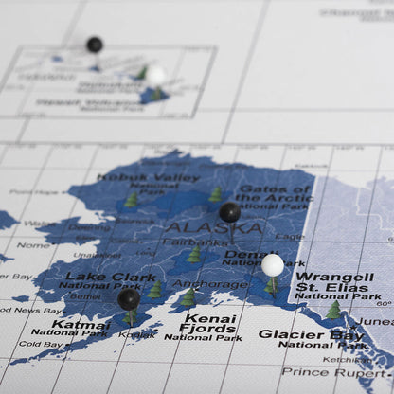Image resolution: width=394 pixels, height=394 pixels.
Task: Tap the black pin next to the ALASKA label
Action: coord(229,212)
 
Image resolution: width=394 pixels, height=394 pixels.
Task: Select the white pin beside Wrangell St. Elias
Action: coord(273,264)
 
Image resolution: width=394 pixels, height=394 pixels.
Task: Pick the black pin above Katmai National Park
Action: coord(129,299)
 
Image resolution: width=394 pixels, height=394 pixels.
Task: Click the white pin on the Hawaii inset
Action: coord(155,75)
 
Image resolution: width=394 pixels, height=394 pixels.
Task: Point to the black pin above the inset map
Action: coord(95,44)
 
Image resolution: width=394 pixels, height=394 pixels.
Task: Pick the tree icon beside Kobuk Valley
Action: coord(132,200)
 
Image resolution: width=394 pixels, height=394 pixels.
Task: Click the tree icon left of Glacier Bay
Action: coord(333,310)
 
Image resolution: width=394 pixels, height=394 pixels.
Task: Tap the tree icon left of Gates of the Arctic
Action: coord(216,193)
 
